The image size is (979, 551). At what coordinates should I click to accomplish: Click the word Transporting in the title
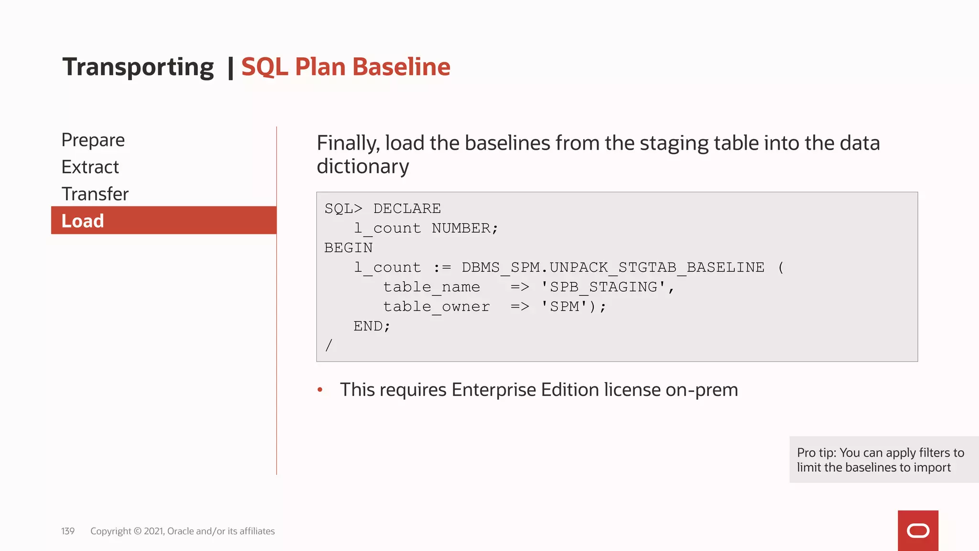click(138, 67)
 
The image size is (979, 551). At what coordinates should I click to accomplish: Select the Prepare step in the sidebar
click(93, 140)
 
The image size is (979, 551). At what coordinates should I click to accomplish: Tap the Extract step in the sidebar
click(90, 167)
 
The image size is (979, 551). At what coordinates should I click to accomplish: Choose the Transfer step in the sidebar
click(95, 194)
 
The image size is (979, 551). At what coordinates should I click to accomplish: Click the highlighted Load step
click(83, 221)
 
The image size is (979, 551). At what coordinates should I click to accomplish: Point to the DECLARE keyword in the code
click(407, 209)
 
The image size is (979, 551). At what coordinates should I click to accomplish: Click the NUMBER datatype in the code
click(461, 228)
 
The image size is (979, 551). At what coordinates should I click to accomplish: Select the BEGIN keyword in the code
click(348, 248)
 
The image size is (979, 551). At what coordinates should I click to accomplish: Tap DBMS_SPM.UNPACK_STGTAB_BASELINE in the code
click(613, 267)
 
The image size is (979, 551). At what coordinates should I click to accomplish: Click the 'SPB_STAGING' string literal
click(603, 287)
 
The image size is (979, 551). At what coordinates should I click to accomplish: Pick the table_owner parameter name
click(436, 307)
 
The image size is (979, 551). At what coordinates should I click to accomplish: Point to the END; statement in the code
click(372, 326)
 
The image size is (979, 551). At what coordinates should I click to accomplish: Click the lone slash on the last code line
click(328, 345)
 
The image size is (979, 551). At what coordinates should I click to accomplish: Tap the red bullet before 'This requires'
click(320, 390)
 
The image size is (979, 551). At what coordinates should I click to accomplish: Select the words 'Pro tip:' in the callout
click(816, 452)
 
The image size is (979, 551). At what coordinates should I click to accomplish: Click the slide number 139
click(68, 531)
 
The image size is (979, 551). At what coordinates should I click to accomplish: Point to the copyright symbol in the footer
click(138, 531)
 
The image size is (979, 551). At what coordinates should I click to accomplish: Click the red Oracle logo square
click(918, 530)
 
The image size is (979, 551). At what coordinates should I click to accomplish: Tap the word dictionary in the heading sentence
click(363, 166)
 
